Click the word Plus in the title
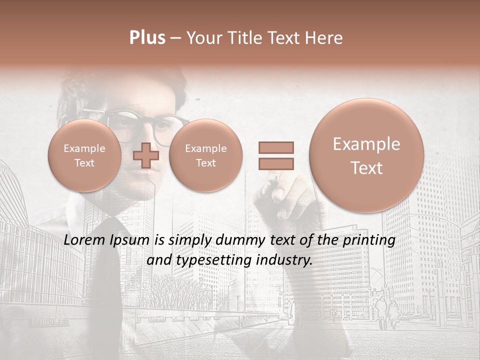click(147, 38)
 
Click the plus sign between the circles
click(146, 155)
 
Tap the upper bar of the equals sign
click(275, 147)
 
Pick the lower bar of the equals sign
click(275, 163)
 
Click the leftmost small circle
click(84, 155)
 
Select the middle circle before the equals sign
click(205, 155)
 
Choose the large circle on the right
click(366, 155)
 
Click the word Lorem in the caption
click(85, 240)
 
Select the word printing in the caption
click(370, 240)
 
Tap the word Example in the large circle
click(366, 144)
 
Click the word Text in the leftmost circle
click(84, 163)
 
